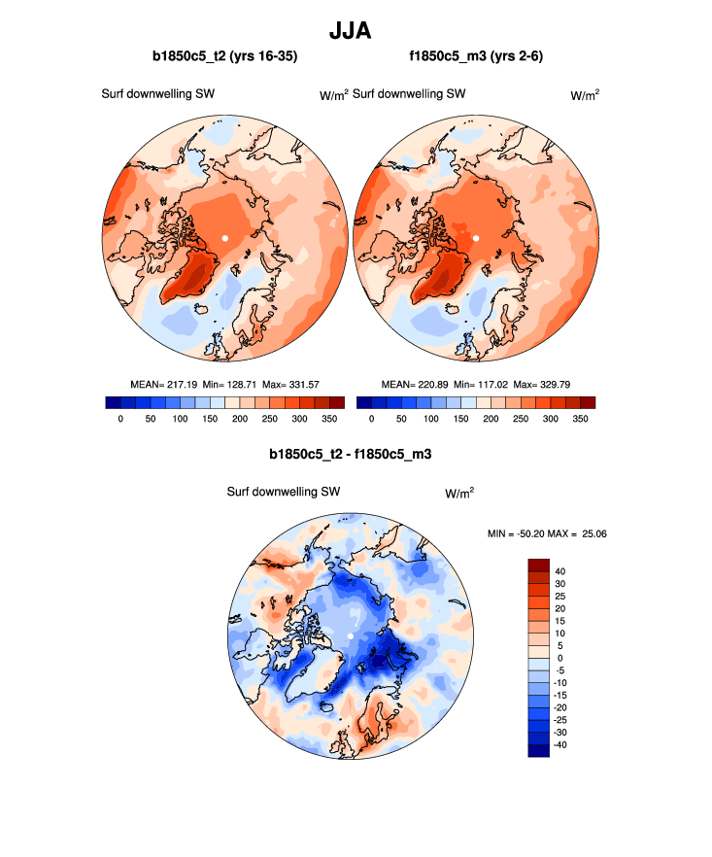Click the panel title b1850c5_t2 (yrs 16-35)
[x=224, y=57]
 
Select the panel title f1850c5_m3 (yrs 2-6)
[x=476, y=57]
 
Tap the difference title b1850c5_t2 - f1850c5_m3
[x=350, y=454]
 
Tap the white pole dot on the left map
[x=225, y=237]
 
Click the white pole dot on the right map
[x=476, y=237]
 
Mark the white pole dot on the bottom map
[x=350, y=635]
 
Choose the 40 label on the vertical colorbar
[x=561, y=571]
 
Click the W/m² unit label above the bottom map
[x=459, y=493]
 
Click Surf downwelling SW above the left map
[x=157, y=94]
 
